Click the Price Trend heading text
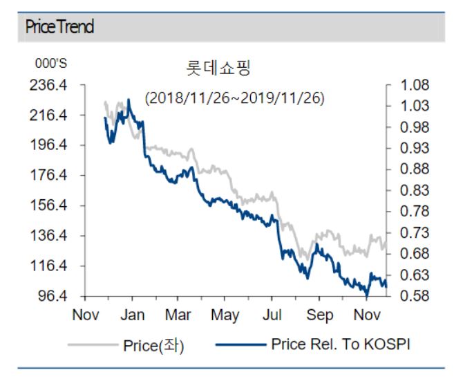tap(59, 28)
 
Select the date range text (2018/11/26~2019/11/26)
tap(234, 98)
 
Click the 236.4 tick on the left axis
tap(53, 86)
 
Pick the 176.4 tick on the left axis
tap(53, 176)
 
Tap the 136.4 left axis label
tap(53, 236)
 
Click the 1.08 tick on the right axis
tap(413, 86)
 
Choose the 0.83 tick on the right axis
tap(413, 191)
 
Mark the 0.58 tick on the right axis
tap(413, 296)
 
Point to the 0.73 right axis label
tap(413, 233)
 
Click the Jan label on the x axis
tap(132, 315)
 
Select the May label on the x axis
tap(225, 315)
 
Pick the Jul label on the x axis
tap(272, 315)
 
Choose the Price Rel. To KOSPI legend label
tap(341, 344)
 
